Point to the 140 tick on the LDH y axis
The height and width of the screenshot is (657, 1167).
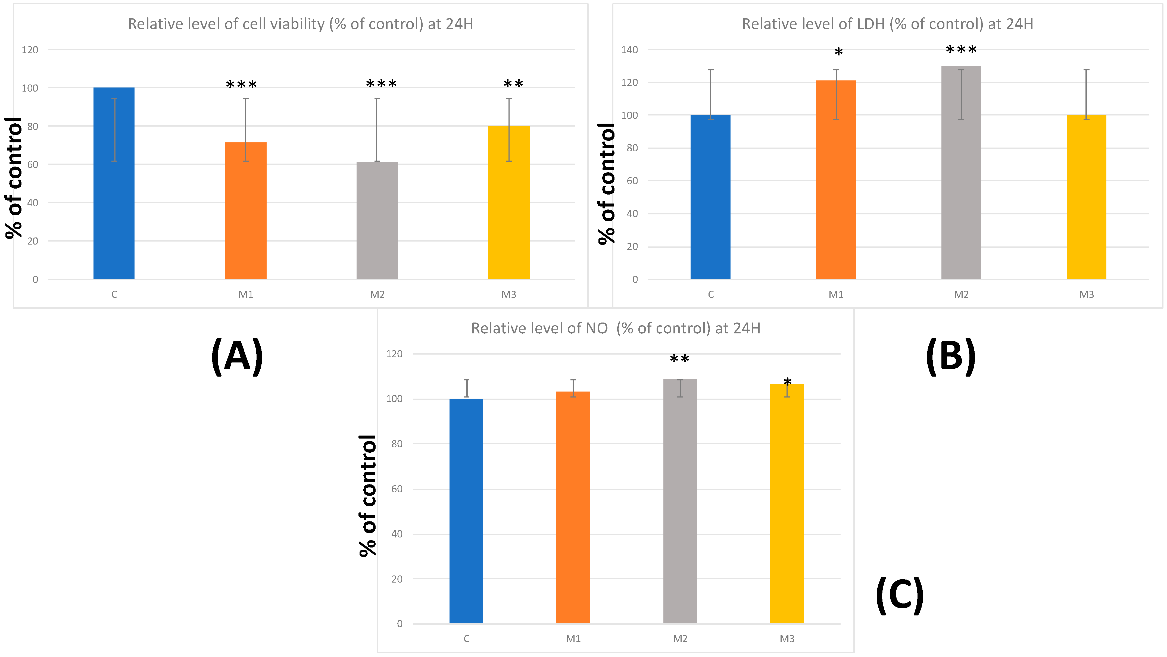pos(629,50)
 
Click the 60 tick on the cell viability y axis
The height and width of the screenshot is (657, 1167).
pos(33,164)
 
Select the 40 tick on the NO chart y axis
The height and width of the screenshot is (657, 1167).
pos(397,534)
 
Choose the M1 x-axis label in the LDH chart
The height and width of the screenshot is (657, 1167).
pos(836,294)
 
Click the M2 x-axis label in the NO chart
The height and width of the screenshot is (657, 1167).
pos(680,639)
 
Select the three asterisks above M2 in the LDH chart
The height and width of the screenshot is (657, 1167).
pos(961,50)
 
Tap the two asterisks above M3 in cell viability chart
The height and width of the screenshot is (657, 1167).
pos(513,84)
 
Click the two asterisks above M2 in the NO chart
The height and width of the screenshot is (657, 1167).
pos(679,359)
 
